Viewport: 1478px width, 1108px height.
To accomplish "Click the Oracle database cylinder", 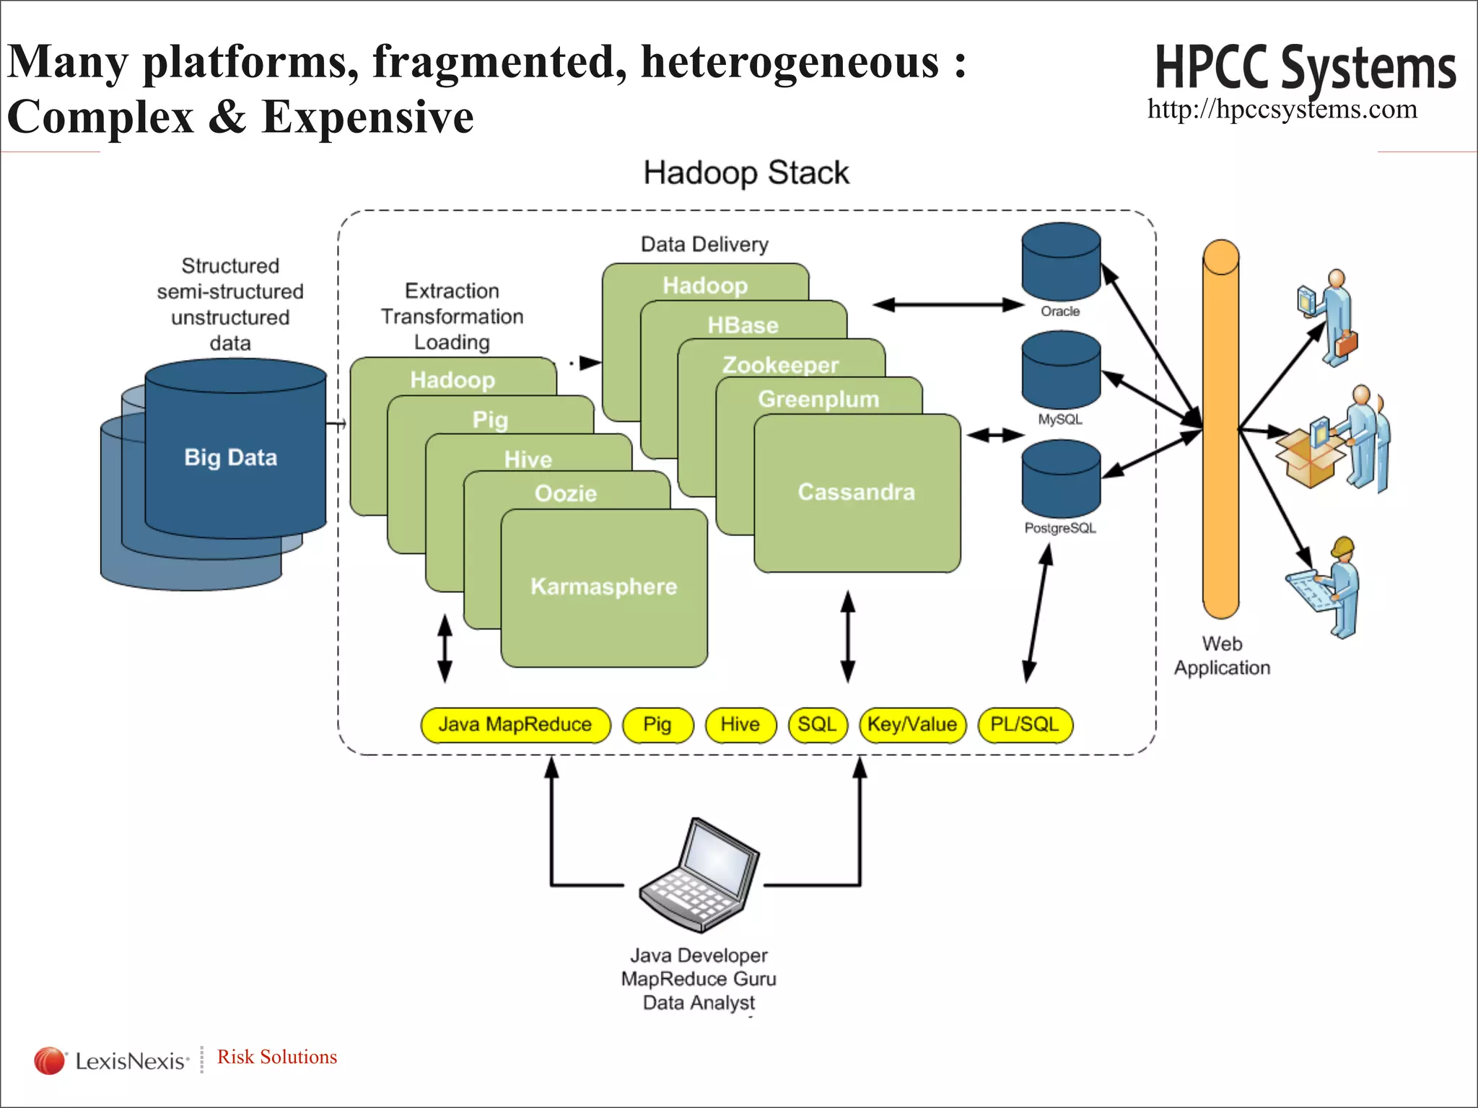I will point(1060,263).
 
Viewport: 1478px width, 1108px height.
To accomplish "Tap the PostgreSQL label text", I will point(1059,528).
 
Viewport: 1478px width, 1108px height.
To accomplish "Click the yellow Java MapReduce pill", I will point(515,724).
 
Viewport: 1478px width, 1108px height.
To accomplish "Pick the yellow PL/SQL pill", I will point(1025,724).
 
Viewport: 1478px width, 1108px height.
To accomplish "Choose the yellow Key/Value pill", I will point(912,724).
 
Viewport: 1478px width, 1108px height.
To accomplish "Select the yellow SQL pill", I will point(817,724).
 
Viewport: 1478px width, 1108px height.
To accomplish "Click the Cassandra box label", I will point(856,492).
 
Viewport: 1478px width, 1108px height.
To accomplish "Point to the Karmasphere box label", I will point(604,586).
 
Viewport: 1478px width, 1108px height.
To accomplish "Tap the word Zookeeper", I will point(780,364).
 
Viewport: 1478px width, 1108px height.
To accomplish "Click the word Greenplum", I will point(818,399).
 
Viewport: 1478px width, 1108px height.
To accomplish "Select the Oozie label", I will point(566,493).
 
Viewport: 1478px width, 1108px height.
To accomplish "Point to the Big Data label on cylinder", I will point(231,457).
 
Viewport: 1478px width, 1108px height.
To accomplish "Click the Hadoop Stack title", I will point(745,173).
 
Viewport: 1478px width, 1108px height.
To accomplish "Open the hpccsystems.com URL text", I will point(1282,110).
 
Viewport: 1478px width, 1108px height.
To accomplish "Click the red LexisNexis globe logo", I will point(49,1060).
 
